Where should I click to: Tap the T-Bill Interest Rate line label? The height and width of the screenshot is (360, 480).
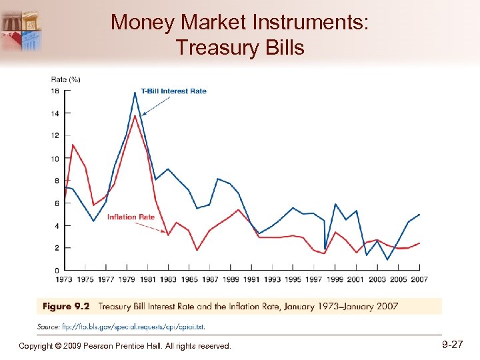[x=173, y=91]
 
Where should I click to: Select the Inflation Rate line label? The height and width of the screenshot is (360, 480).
[x=131, y=217]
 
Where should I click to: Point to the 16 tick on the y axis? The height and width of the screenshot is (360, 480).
[x=55, y=91]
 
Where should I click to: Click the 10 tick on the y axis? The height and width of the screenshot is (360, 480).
[x=55, y=159]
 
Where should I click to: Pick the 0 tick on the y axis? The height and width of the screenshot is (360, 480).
[x=57, y=270]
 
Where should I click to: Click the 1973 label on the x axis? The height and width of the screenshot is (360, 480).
[x=65, y=279]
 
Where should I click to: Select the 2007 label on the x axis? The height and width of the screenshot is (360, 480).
[x=419, y=279]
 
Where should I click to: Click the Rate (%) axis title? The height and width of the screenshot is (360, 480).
[x=65, y=79]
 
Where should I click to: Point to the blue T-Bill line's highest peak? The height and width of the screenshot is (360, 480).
[x=135, y=92]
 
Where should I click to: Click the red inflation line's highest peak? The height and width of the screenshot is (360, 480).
[x=135, y=116]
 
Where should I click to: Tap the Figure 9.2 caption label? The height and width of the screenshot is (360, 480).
[x=66, y=307]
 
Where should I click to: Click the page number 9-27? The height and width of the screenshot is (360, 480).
[x=451, y=345]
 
